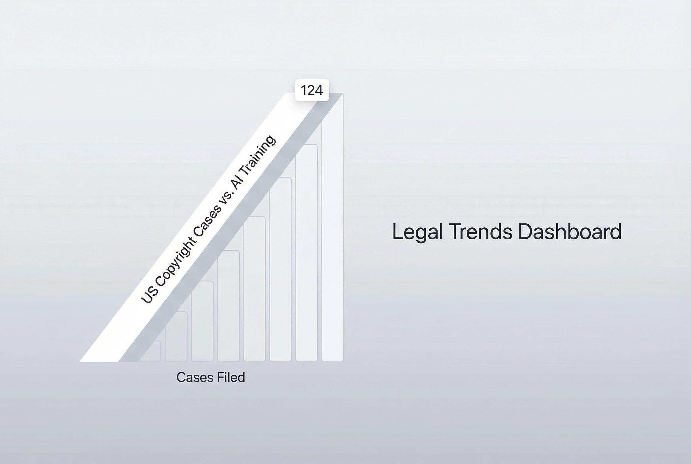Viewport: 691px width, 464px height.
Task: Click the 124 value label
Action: [x=312, y=90]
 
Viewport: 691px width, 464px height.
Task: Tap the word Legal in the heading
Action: [x=417, y=232]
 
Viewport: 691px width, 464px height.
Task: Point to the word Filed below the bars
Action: [x=231, y=377]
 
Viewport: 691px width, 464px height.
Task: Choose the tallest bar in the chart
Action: [x=333, y=237]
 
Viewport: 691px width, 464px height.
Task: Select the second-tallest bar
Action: [x=307, y=254]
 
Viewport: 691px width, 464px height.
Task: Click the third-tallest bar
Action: [x=281, y=269]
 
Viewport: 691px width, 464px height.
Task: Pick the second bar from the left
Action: [x=176, y=337]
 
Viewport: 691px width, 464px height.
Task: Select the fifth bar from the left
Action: [x=254, y=290]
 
